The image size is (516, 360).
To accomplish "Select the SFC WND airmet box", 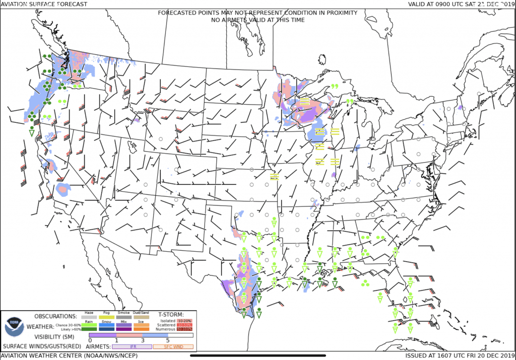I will coord(173,346).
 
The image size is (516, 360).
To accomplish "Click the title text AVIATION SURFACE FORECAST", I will coord(44,4).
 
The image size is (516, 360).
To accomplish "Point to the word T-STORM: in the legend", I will coord(171,314).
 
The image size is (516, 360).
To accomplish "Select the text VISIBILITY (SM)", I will coord(55,336).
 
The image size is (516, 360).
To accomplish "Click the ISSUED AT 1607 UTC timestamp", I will coord(460,355).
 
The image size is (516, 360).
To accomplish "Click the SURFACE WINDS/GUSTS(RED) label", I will coord(42,346).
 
